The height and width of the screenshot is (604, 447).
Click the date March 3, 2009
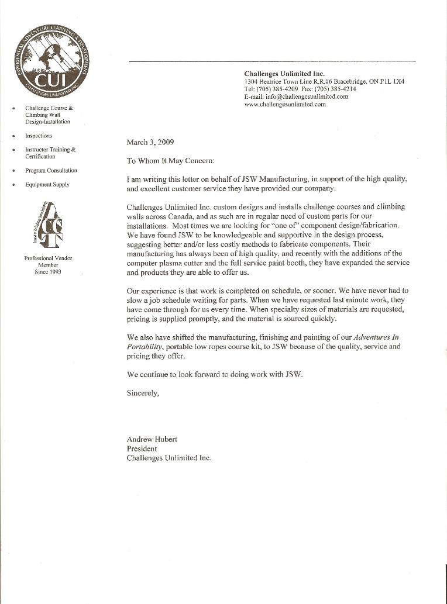pos(150,141)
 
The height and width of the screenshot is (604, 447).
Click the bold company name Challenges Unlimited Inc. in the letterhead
pos(284,74)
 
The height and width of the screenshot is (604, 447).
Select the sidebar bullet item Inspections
pos(39,136)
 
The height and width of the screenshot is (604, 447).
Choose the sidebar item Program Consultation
pos(51,171)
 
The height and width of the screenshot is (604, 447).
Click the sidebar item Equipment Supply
pos(47,185)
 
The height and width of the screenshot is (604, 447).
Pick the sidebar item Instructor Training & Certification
pos(50,153)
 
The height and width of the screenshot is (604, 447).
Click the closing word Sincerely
pos(143,393)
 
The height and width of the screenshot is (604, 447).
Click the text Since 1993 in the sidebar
pos(48,272)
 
